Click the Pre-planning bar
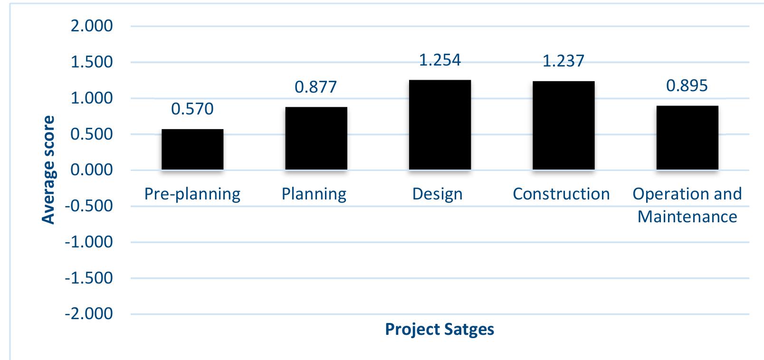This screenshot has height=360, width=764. click(x=192, y=149)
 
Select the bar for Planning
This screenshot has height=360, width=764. click(x=316, y=138)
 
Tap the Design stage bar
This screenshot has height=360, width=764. click(x=439, y=124)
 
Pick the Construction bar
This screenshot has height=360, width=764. click(x=563, y=125)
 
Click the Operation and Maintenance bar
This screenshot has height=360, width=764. click(x=687, y=138)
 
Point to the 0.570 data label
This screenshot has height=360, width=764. click(x=192, y=109)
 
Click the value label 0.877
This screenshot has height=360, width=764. click(x=316, y=87)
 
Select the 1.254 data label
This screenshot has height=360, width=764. click(x=439, y=60)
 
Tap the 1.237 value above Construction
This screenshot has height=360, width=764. click(x=563, y=61)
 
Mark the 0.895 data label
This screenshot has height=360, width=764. click(x=687, y=86)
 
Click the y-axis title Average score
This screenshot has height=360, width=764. click(x=48, y=170)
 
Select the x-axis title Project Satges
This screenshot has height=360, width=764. click(x=439, y=329)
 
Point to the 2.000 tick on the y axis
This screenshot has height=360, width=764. click(x=92, y=26)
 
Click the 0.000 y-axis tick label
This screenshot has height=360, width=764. click(x=92, y=170)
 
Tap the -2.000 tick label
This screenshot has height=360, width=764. click(x=89, y=314)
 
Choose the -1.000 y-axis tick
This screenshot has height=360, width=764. click(x=89, y=242)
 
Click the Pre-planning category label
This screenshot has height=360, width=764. click(x=192, y=194)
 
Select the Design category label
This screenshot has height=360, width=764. click(x=437, y=194)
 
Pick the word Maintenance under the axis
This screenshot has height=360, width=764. click(x=687, y=217)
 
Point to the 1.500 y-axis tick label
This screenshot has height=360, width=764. click(x=92, y=62)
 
